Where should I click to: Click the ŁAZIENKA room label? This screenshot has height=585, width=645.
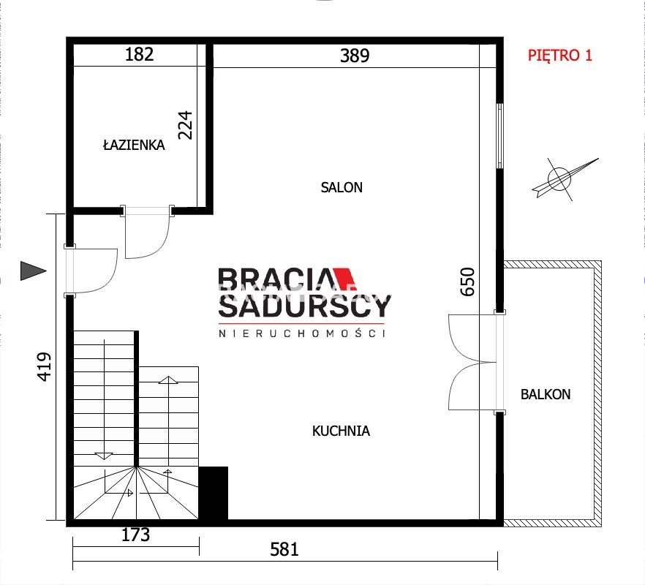coord(134,145)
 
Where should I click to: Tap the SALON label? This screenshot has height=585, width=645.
coord(342,188)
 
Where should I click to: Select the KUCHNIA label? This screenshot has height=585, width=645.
coord(341,431)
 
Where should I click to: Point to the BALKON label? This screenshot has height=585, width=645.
coord(546,395)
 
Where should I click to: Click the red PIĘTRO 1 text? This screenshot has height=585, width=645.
coord(560,55)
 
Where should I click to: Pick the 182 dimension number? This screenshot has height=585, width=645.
coord(139,54)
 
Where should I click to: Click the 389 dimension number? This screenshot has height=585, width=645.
coord(355,56)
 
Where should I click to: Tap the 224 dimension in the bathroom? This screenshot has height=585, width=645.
coord(185,125)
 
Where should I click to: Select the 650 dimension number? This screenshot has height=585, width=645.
coord(468,282)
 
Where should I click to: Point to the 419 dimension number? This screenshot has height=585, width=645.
coord(45,366)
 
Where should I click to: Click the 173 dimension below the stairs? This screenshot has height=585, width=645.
coord(136,535)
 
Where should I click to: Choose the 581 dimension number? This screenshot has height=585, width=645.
coord(284,550)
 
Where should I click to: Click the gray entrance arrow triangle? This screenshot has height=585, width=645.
coord(32,271)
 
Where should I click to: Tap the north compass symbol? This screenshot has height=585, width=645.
coord(565,179)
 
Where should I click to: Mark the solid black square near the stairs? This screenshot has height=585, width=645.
coord(213,494)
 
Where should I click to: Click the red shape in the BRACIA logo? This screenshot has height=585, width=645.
coord(344,279)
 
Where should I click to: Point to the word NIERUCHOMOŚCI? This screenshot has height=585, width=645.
coord(301,333)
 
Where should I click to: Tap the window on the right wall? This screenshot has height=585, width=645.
coord(499,136)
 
